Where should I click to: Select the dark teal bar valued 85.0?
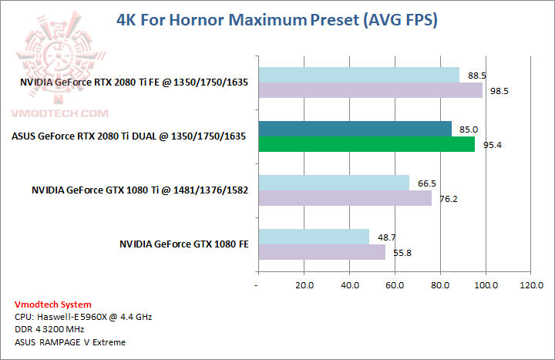coord(355,129)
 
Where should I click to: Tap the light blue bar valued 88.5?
coord(358,75)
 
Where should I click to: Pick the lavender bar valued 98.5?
coord(370,90)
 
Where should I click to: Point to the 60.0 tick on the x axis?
coord(395,286)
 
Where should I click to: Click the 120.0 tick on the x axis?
coord(531,286)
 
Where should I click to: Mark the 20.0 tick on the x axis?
coord(304,286)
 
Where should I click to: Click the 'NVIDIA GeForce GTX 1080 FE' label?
coord(183,244)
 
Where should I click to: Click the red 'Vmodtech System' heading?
coord(52,304)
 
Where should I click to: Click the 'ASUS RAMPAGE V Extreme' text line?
coord(69,341)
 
